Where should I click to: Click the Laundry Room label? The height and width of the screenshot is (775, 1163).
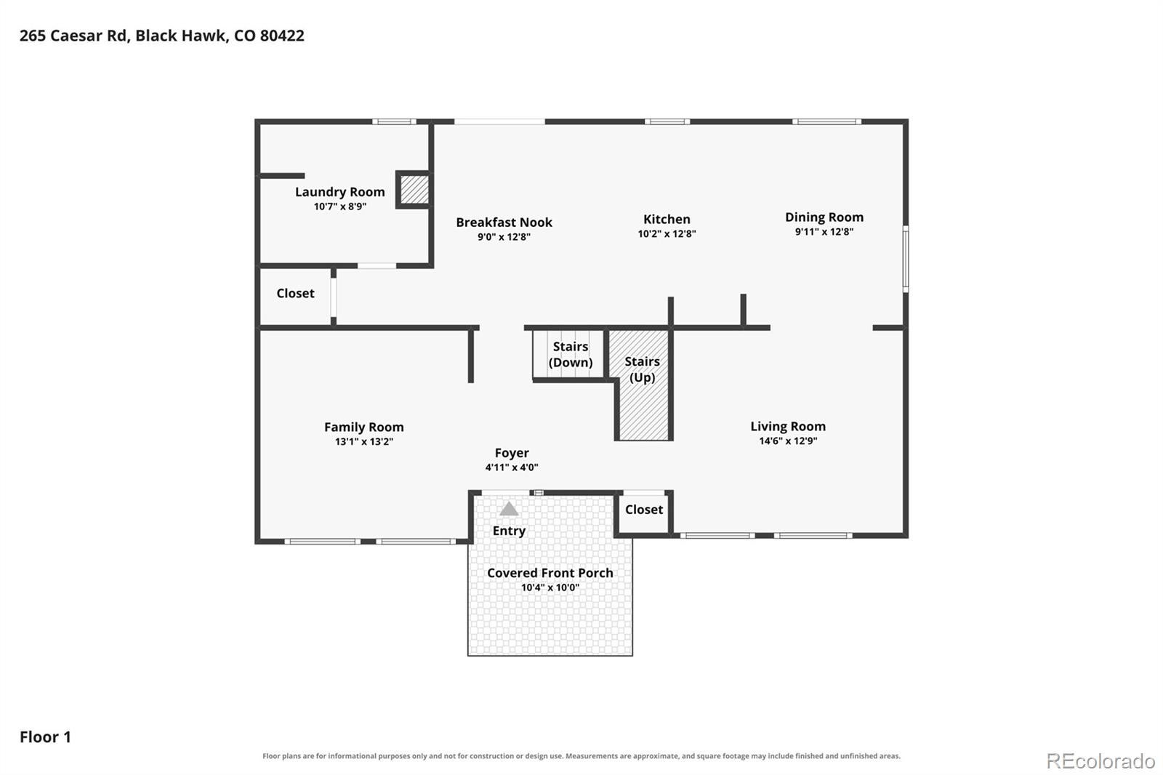coord(340,192)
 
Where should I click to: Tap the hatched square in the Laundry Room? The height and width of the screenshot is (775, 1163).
coord(414,190)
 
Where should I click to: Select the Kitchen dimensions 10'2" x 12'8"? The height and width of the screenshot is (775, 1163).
coord(667,234)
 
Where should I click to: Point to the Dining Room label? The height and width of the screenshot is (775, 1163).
coord(824,217)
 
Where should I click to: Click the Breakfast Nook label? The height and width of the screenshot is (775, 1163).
coord(504,222)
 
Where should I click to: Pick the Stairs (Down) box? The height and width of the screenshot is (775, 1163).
coord(569,354)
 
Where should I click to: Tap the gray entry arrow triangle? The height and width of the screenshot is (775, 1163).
coord(509,508)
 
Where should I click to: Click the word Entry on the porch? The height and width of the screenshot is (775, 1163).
coord(509,531)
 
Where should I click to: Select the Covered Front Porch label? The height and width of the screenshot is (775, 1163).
coord(550,573)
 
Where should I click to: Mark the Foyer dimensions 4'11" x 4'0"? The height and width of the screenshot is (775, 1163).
coord(512,467)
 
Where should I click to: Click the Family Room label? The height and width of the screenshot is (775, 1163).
coord(364,427)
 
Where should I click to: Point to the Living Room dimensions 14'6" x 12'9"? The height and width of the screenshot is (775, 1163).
coord(788,441)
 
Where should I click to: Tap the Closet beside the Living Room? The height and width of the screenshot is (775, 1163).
coord(644,510)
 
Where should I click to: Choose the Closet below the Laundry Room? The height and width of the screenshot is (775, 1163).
coord(295,294)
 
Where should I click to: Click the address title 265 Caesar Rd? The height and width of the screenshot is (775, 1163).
coord(162,36)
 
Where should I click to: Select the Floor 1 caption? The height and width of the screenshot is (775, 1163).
coord(45,737)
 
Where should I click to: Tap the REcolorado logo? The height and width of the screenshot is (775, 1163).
coord(1100,761)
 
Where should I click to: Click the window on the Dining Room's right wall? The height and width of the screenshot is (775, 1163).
coord(906,258)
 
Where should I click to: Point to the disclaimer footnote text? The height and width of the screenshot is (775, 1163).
coord(581,756)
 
